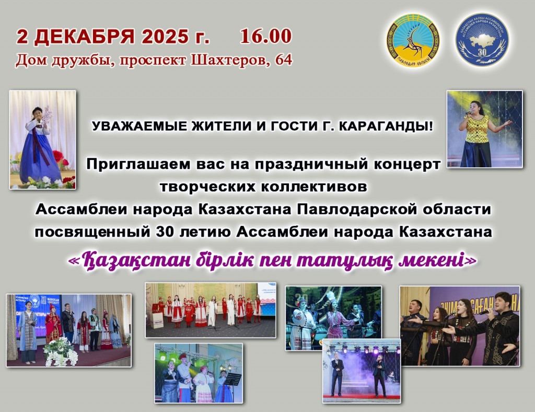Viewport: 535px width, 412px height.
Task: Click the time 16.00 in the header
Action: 265,36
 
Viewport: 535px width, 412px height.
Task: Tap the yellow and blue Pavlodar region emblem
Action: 413,40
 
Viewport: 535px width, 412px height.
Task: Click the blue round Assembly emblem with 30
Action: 482,40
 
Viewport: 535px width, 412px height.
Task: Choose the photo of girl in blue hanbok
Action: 43,140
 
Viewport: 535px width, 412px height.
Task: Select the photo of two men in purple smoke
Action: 361,371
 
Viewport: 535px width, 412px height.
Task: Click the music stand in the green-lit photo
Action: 234,379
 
